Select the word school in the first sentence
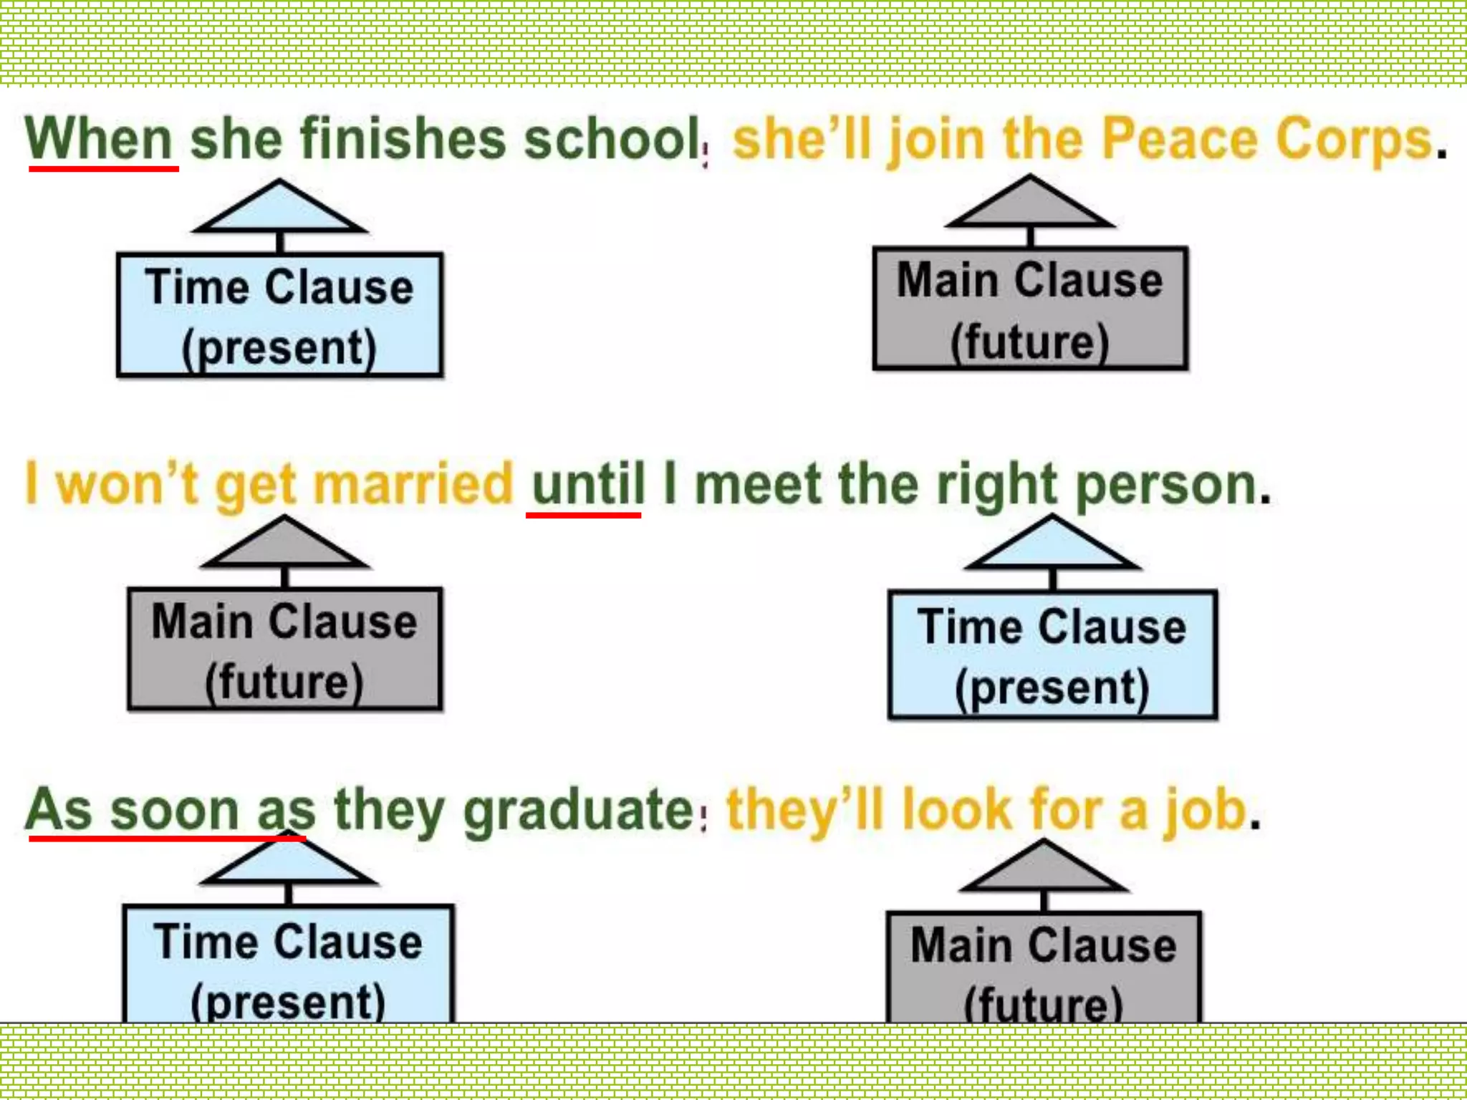612,139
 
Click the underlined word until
588,484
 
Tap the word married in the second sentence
413,484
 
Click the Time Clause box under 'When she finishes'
279,315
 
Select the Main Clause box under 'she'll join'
1030,309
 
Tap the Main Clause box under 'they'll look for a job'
1044,967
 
